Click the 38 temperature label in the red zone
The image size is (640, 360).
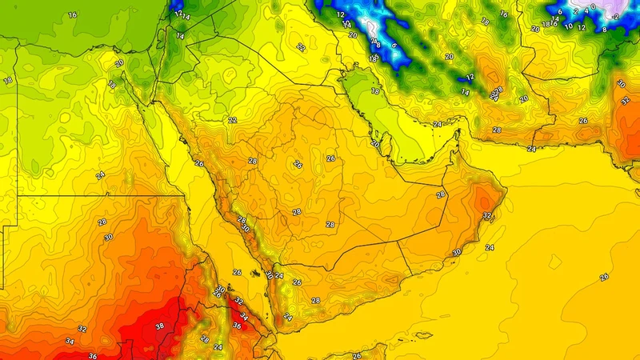pos(160,326)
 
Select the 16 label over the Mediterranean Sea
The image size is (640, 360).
pos(72,15)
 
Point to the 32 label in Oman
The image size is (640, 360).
pos(487,216)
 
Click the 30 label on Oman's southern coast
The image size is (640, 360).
pos(457,253)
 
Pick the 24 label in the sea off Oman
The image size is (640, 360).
pos(490,248)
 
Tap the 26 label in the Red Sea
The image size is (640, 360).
pos(237,273)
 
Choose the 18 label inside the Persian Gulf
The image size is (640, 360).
pos(376,92)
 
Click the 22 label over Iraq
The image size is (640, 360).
pos(301,47)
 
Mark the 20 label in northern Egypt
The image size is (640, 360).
pos(119,64)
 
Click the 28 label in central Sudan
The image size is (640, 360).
pos(102,222)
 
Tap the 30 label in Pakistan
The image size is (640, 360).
pos(621,83)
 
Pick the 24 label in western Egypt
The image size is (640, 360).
pos(100,175)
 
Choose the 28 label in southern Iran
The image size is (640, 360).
pos(496,130)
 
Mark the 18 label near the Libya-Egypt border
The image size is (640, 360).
pos(7,81)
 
